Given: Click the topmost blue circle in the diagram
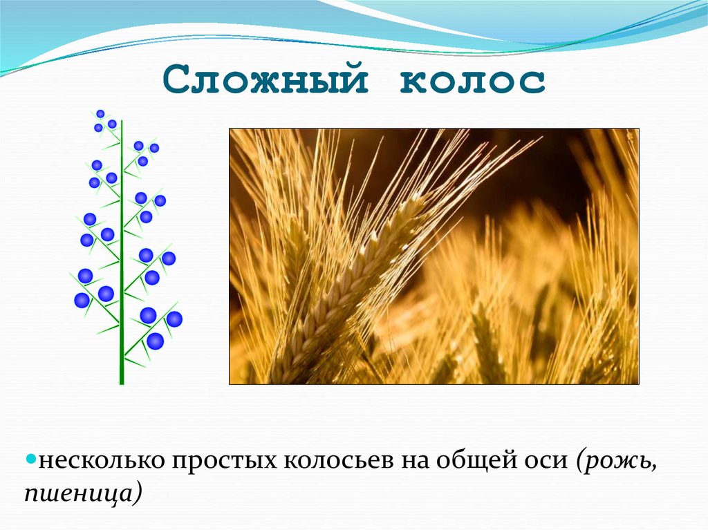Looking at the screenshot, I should (100, 113).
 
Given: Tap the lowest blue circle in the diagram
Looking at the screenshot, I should (155, 341).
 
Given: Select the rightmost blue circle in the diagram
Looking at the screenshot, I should (174, 319).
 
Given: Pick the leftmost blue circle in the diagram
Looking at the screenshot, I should (82, 300).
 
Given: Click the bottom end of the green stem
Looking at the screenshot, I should (122, 381).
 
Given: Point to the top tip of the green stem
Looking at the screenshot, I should (122, 122).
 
